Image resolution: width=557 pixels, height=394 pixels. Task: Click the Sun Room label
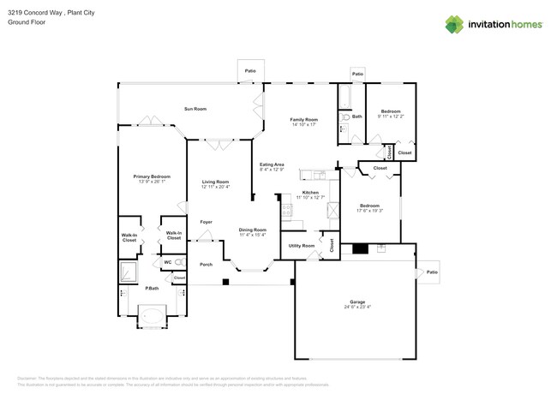pos(195,109)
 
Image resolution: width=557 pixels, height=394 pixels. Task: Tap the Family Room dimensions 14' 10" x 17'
pos(303,125)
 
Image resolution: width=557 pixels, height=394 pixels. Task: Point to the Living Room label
pos(215,181)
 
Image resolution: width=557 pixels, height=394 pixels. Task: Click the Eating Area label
pos(272,164)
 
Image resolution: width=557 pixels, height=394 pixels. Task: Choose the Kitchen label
pos(310,192)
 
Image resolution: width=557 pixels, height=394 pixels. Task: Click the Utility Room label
pos(301,246)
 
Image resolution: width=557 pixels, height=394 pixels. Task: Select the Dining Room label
pos(252,229)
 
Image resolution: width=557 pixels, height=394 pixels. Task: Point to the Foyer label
pos(206,222)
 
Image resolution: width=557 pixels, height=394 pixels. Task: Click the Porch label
pos(206,264)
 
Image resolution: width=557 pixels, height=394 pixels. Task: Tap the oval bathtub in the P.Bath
pos(153,318)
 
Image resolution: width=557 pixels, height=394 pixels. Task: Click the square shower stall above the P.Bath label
pos(129,272)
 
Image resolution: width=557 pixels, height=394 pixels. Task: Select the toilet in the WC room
pos(178,261)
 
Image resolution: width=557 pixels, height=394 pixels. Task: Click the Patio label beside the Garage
pos(432,272)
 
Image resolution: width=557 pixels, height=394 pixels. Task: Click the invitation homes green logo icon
pos(455,25)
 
